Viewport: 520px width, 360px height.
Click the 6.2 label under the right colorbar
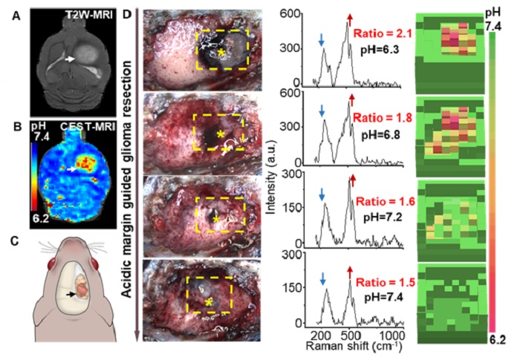pos(498,340)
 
